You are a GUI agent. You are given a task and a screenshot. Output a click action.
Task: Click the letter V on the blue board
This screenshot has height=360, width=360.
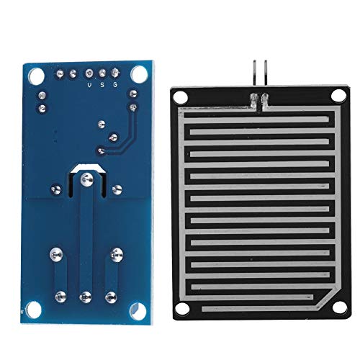tap(89, 85)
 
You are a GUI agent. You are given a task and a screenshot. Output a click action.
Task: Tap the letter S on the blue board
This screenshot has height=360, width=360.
tap(102, 85)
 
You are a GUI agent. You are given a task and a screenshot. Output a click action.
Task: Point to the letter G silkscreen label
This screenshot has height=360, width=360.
tap(115, 85)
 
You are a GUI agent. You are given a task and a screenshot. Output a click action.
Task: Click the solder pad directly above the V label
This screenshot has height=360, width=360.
tap(89, 73)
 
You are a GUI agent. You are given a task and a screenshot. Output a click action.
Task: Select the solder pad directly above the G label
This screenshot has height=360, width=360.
tap(115, 73)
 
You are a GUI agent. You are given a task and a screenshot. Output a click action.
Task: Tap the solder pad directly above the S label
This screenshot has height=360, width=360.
tap(102, 73)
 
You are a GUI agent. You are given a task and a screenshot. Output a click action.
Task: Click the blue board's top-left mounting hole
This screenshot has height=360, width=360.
tap(36, 74)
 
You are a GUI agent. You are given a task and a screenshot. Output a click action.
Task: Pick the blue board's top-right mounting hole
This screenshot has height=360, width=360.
tap(139, 73)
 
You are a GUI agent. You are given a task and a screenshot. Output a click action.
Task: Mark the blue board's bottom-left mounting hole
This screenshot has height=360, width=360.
tap(34, 310)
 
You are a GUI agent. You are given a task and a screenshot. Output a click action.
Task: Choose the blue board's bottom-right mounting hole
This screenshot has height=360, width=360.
tap(138, 311)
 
